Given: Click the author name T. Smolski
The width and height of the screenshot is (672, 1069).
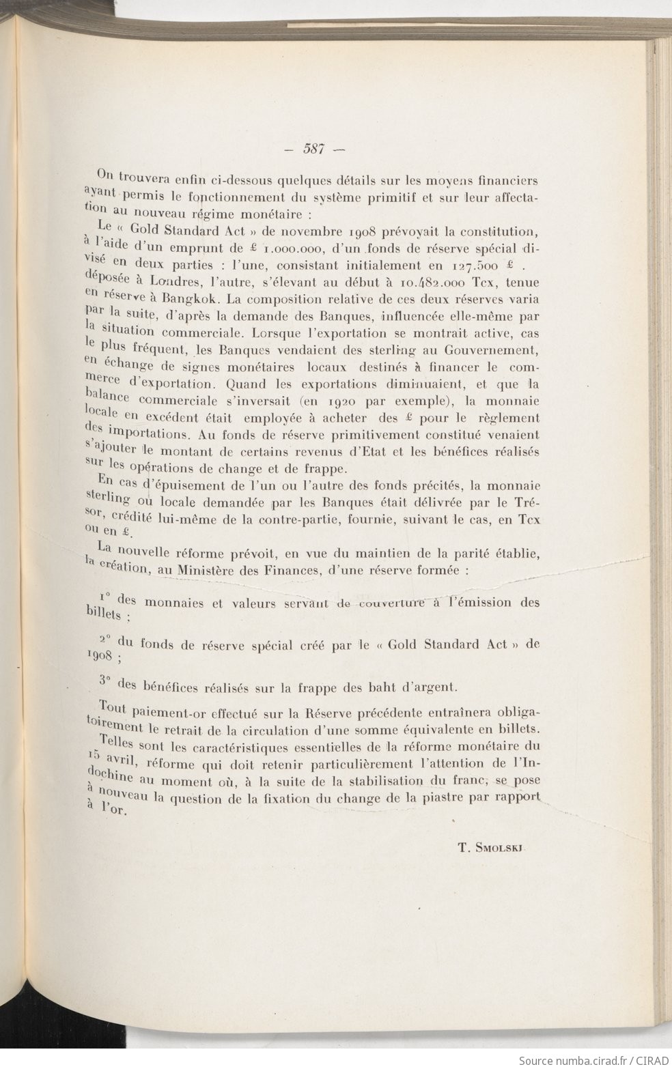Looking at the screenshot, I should pos(494,849).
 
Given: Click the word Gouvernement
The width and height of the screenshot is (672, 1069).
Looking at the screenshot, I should pos(492,350).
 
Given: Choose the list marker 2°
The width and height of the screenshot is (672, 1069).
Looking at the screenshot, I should pos(106,640).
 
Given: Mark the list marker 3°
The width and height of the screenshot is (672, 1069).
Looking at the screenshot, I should pos(104,681).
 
